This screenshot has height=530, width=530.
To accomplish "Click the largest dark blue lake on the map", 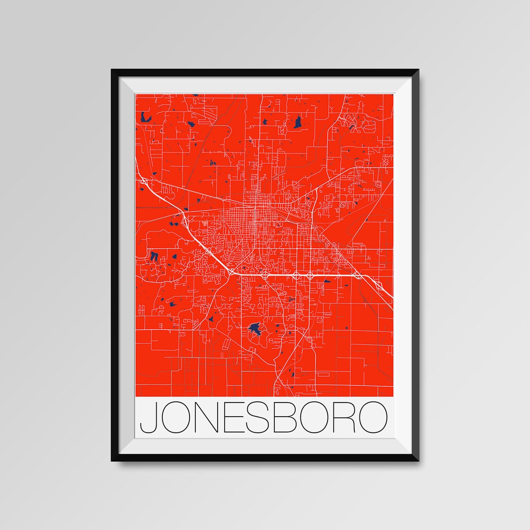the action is (x=254, y=329).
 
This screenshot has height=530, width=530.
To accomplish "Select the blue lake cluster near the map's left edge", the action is (x=154, y=256).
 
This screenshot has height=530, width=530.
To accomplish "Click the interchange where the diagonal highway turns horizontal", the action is (x=231, y=271).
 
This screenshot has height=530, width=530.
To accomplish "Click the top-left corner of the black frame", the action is (x=113, y=71).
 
